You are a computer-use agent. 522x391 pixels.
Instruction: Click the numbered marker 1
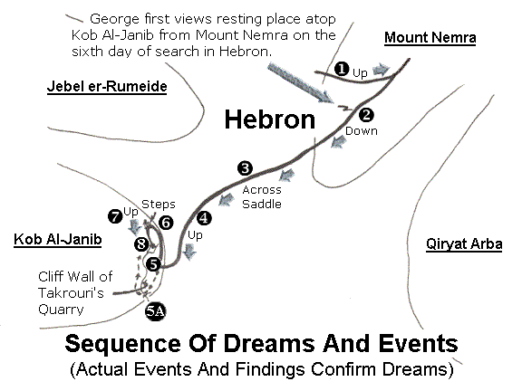342,69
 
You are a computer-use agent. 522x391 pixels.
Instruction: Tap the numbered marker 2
366,115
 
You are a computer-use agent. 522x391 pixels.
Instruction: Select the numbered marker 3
245,168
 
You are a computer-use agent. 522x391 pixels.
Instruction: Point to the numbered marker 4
204,218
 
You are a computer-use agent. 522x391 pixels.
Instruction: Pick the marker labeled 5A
156,311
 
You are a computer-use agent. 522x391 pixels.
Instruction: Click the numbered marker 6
166,223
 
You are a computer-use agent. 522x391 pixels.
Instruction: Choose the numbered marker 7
115,217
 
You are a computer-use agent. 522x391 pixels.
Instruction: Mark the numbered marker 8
141,244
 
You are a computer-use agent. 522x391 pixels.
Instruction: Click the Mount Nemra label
430,38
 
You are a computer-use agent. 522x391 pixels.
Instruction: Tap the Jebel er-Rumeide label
107,87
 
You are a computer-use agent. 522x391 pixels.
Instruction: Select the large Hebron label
270,119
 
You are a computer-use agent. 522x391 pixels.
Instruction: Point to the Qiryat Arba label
464,244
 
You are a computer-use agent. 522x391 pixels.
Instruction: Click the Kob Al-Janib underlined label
58,239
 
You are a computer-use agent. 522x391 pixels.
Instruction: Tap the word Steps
159,205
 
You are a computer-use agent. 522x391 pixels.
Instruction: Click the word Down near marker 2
362,131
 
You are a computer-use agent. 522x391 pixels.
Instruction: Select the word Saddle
262,204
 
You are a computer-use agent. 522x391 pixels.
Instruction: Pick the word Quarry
61,310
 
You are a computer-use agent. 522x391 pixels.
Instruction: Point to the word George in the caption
114,19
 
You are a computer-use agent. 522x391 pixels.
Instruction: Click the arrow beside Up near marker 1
381,71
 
